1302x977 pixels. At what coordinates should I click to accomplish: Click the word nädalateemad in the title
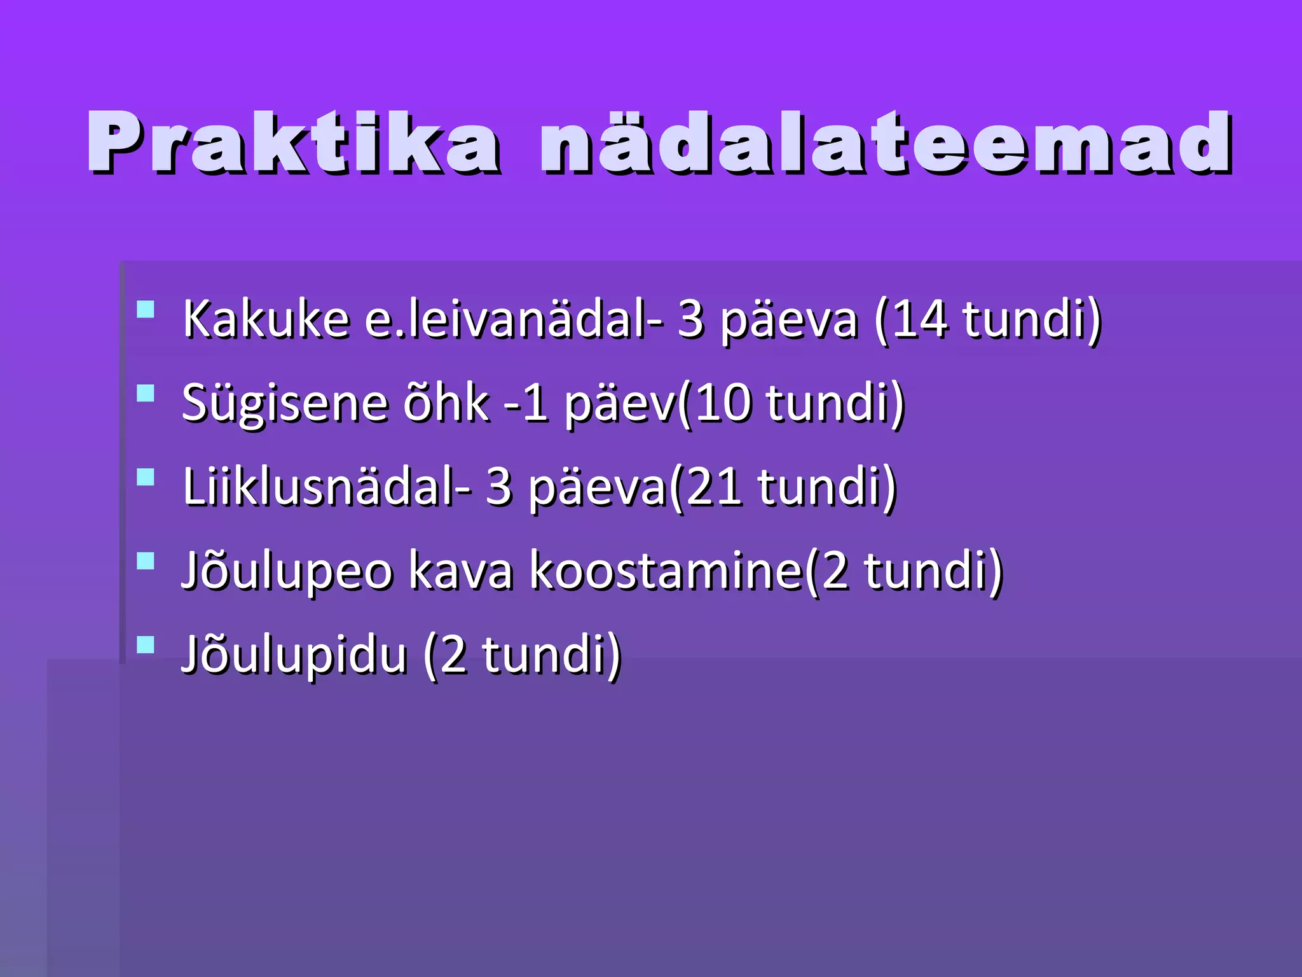[886, 142]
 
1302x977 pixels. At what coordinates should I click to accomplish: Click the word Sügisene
[285, 403]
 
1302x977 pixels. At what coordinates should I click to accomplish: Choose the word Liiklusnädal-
[327, 487]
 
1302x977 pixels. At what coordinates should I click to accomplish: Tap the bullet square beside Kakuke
[146, 309]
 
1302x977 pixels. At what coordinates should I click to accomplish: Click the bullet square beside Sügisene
[146, 393]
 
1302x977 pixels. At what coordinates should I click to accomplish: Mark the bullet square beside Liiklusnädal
[146, 477]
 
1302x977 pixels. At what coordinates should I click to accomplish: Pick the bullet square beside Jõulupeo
[146, 561]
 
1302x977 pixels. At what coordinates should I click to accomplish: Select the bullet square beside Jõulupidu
[146, 645]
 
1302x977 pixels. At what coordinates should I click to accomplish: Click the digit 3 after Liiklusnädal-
[499, 487]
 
